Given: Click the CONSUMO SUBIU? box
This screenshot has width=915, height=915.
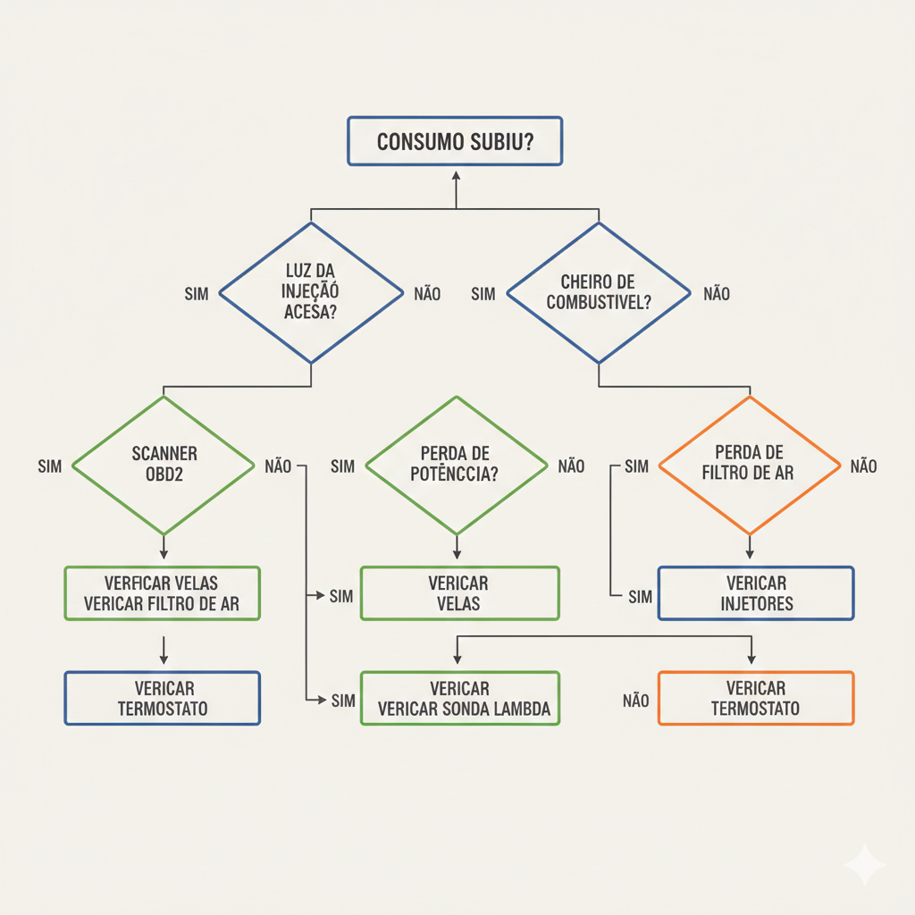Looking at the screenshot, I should point(455,141).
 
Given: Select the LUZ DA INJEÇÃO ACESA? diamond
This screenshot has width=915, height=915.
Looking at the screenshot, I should point(310,293).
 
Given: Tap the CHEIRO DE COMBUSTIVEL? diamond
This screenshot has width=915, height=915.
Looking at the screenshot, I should point(598,293).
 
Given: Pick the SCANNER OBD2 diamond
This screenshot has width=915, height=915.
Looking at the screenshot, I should point(163,465).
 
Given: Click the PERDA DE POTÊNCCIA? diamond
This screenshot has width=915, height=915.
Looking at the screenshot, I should point(456,465).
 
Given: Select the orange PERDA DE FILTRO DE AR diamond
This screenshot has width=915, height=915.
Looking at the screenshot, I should point(749,465).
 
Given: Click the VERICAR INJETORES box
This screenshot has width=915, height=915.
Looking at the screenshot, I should point(756,593).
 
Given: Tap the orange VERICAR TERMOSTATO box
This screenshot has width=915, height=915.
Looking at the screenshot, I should point(756,698).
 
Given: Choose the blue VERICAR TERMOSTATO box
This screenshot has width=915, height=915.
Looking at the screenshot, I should point(163,698).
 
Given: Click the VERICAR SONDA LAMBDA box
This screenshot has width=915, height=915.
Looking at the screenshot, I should point(459,699).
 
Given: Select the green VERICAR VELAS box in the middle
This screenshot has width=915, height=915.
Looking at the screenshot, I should point(459,593).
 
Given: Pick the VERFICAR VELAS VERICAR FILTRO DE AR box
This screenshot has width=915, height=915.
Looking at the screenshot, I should point(163,593).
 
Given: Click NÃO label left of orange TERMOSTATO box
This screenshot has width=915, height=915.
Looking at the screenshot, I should point(635,701).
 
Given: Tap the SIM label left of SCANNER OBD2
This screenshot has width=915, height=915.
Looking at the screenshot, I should point(50,466).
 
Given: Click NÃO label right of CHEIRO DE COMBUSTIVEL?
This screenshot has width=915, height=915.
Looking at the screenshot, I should point(717,294).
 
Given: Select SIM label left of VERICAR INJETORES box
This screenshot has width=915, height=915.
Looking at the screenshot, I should point(640,597).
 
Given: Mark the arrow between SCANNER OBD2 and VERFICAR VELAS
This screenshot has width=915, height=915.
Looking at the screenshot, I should point(164,548).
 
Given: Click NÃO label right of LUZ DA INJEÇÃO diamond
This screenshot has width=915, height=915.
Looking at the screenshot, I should point(427,294).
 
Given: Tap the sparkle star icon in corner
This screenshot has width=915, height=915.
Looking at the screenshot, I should point(864,865).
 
